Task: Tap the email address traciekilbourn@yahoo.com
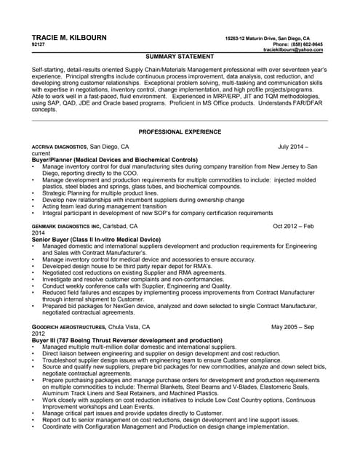(292, 50)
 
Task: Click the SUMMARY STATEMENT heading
(180, 56)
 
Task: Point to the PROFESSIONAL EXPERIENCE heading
(180, 132)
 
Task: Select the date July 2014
(290, 147)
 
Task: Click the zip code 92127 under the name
(39, 44)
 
